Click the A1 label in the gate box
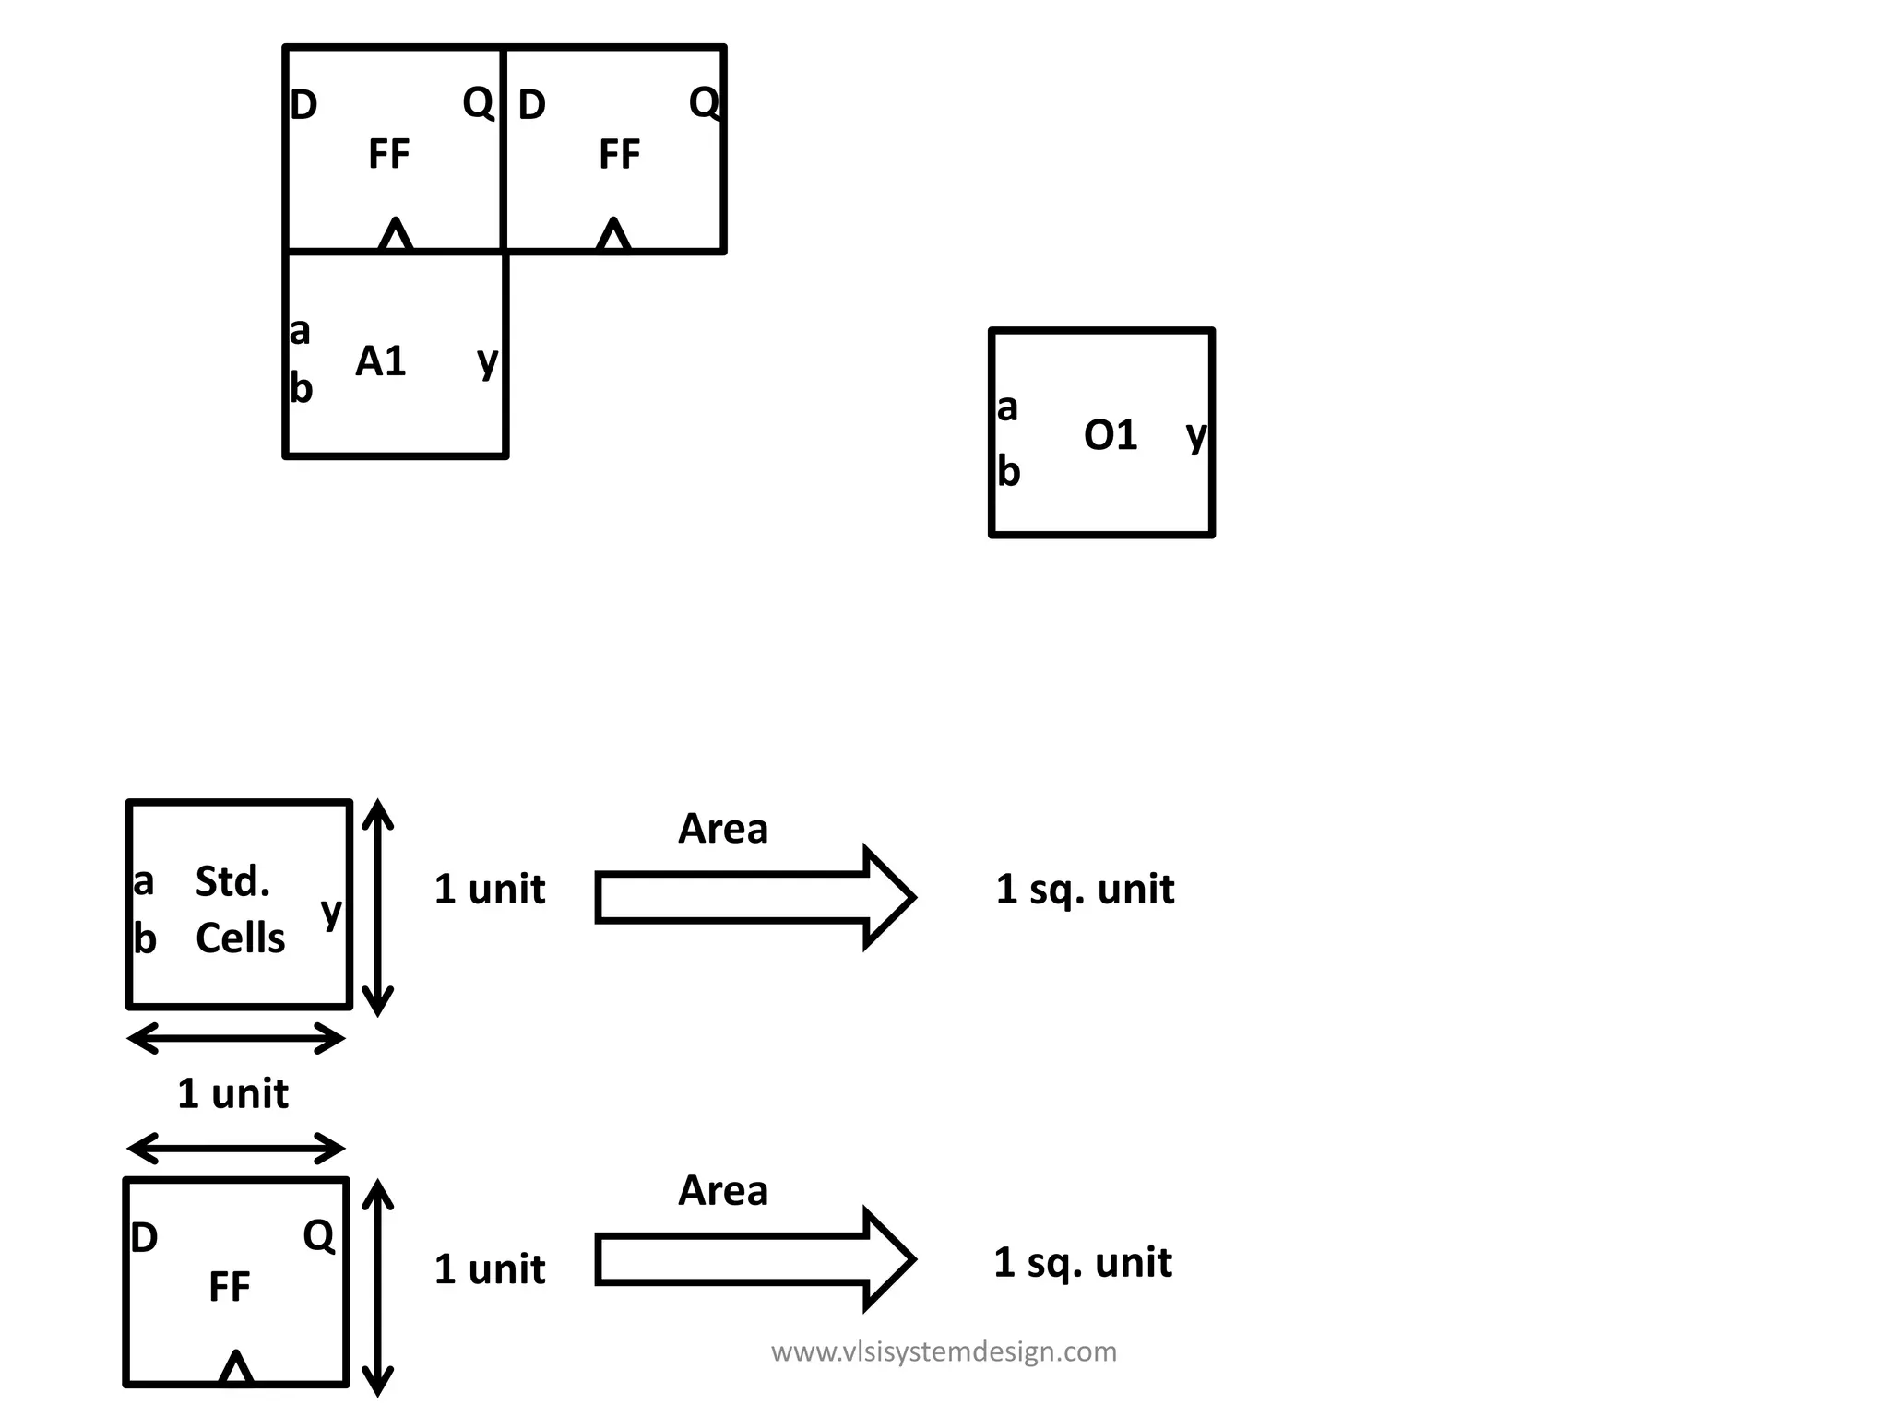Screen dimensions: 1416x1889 (x=381, y=361)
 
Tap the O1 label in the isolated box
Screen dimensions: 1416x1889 (x=1111, y=435)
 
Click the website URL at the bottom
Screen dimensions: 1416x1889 (x=944, y=1351)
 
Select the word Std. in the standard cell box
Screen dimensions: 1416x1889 (x=232, y=882)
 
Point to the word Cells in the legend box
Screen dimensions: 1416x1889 (x=240, y=938)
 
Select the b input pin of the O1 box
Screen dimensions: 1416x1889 (x=1009, y=472)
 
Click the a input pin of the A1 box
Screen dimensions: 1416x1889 (x=300, y=330)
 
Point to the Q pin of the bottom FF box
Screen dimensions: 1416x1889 (x=318, y=1235)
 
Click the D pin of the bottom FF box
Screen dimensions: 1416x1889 (x=144, y=1238)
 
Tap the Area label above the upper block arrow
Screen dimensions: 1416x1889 (x=722, y=829)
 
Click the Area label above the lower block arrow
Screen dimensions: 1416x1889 (x=722, y=1190)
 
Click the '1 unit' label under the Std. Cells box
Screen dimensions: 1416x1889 (x=232, y=1093)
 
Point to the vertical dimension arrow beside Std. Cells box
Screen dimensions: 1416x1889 (x=377, y=907)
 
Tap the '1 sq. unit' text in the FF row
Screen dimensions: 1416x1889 (x=1083, y=1262)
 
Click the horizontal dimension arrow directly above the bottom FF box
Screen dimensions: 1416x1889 (x=236, y=1149)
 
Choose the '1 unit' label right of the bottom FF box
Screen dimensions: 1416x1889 (x=489, y=1269)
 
